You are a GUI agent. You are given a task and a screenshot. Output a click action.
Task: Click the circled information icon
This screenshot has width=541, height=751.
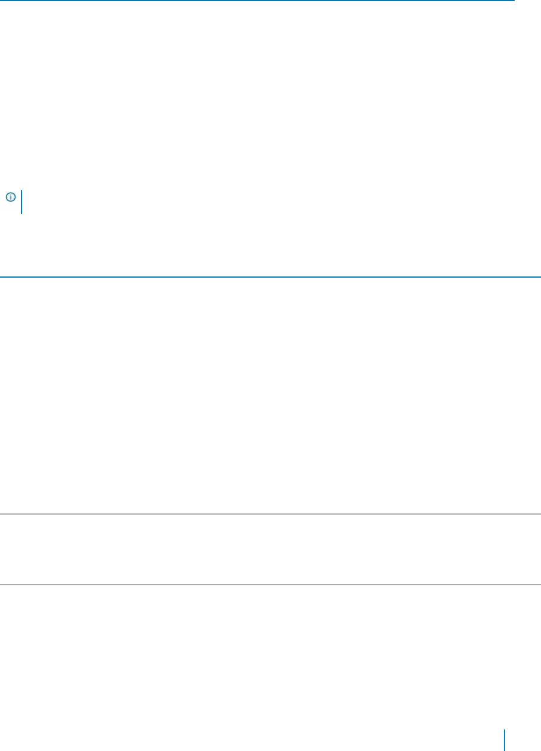click(10, 196)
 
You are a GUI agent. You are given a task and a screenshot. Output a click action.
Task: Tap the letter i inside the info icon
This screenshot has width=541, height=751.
click(10, 196)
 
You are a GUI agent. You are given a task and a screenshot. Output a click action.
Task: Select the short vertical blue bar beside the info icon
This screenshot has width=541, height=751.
click(22, 202)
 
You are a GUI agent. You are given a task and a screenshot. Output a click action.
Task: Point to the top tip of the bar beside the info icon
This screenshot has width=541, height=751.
click(22, 191)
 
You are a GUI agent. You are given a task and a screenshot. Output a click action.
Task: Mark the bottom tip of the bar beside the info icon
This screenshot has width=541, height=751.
click(22, 214)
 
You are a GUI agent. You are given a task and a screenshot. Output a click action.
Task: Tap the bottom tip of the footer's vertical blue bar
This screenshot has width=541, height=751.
click(504, 750)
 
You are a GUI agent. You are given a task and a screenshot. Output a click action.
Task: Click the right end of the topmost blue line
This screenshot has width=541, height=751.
click(515, 1)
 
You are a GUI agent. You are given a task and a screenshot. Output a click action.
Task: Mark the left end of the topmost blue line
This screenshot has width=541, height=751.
click(0, 1)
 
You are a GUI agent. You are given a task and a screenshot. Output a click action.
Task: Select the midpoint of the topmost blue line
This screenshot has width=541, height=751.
click(257, 1)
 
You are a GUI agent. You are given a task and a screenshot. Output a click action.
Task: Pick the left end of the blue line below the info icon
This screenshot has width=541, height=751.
click(0, 277)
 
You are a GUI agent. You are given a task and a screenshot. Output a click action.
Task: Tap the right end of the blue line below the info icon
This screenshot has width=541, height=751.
click(540, 277)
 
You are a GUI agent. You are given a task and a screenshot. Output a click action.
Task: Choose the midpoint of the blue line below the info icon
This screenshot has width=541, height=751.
click(270, 277)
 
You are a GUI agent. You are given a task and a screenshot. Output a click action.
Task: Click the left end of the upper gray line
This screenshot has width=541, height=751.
click(0, 513)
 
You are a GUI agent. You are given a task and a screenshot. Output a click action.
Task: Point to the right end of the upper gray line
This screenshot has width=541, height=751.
click(540, 513)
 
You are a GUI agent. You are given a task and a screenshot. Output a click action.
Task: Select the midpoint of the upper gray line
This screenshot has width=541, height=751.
click(270, 513)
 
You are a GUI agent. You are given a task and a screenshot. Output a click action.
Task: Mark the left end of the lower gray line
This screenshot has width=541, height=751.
click(0, 585)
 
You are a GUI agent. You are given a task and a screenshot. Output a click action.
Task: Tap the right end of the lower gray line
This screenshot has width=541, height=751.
click(540, 585)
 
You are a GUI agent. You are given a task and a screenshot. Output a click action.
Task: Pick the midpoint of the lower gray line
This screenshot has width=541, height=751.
click(270, 585)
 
